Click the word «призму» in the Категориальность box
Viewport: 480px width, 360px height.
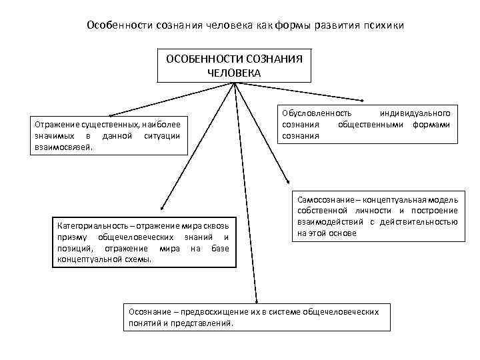click(73, 237)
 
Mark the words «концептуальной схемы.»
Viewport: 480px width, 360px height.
click(103, 259)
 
